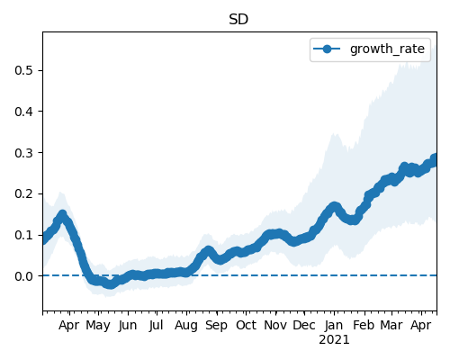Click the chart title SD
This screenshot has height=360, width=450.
point(238,20)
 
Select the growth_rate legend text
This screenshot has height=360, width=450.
point(387,49)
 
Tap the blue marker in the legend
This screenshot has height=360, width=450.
point(327,49)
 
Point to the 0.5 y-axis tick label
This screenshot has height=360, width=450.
point(23,70)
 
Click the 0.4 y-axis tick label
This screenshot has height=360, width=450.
point(23,112)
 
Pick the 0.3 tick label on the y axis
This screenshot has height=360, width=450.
point(23,153)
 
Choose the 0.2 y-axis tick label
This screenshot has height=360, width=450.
point(23,193)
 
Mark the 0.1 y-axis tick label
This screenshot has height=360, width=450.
point(23,235)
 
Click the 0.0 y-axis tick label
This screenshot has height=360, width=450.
point(23,276)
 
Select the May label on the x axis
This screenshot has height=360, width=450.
point(98,326)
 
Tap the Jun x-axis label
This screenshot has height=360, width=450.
point(128,326)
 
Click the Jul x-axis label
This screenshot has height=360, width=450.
point(157,326)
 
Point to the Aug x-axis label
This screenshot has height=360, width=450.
point(186,326)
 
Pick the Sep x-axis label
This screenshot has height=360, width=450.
point(216,326)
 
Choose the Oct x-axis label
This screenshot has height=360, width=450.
point(246,326)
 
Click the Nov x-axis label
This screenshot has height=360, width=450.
point(275,326)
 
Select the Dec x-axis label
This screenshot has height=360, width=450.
point(304,326)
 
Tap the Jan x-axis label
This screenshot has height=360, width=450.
point(334,326)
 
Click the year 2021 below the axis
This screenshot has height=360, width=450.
point(334,340)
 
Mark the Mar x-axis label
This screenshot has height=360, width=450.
point(391,326)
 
